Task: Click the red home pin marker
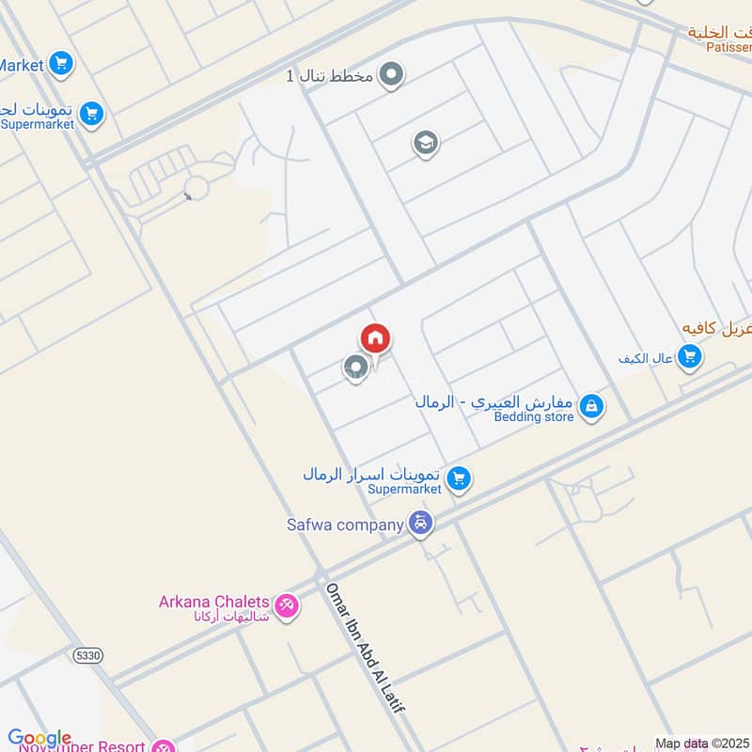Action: click(375, 338)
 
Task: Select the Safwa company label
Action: click(345, 525)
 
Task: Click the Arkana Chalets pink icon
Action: click(288, 606)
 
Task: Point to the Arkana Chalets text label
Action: click(214, 602)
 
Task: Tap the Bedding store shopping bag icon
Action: click(591, 406)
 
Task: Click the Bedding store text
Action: click(534, 416)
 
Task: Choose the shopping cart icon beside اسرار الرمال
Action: click(458, 479)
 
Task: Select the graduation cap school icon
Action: click(426, 144)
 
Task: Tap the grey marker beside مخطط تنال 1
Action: click(393, 74)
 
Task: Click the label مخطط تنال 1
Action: click(330, 74)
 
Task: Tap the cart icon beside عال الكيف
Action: click(690, 357)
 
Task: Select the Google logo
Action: click(39, 739)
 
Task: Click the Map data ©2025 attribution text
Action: click(701, 744)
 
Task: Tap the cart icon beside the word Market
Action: click(61, 65)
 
